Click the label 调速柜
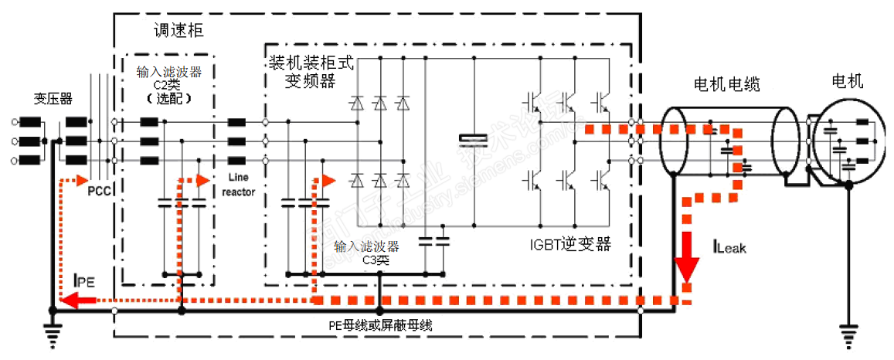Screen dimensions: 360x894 coord(180,32)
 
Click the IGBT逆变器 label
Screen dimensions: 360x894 coord(570,244)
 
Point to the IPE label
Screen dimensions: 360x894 coord(83,281)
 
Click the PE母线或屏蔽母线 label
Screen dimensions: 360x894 coord(379,325)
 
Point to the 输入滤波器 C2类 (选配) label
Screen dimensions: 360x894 coord(168,85)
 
